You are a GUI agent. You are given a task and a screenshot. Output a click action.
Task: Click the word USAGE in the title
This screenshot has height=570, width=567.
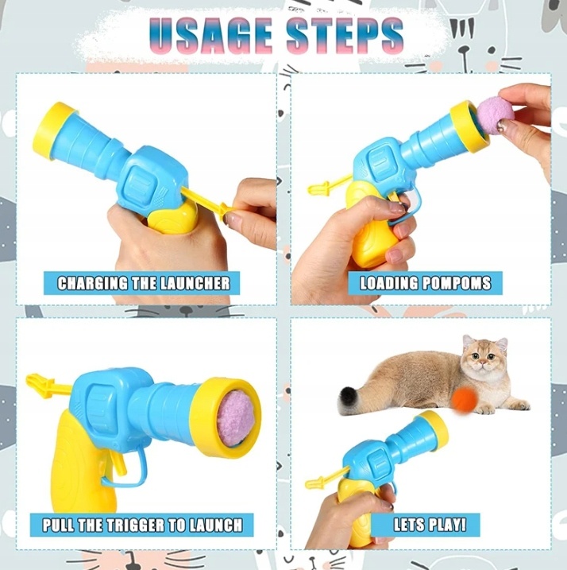211,35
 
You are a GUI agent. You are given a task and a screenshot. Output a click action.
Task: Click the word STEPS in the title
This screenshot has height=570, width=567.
345,35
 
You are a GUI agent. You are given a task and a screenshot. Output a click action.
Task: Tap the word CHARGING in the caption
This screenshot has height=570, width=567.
93,283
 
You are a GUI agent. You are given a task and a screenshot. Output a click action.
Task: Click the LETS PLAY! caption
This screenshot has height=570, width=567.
430,525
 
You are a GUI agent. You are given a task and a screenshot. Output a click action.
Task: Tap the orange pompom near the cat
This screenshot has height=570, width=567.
465,399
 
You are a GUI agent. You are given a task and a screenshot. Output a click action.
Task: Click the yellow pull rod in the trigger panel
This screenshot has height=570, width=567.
47,386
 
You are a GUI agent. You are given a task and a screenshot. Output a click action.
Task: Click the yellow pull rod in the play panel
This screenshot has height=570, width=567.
326,477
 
